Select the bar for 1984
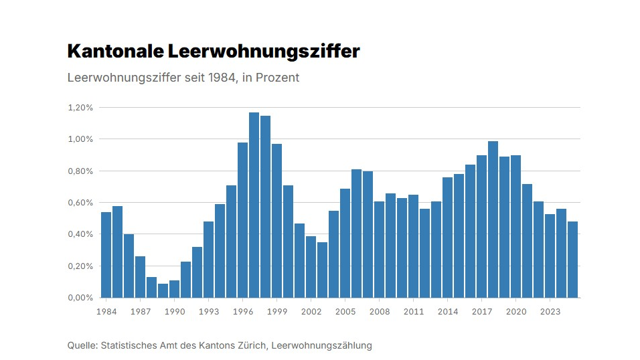[106, 254]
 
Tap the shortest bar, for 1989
[163, 290]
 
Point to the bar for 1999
[276, 220]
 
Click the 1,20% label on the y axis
[80, 108]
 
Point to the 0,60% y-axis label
[80, 203]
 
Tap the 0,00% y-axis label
[80, 298]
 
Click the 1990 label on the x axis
[174, 312]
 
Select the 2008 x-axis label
[379, 312]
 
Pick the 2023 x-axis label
[550, 312]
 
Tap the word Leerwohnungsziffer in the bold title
[264, 52]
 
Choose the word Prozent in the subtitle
[277, 78]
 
